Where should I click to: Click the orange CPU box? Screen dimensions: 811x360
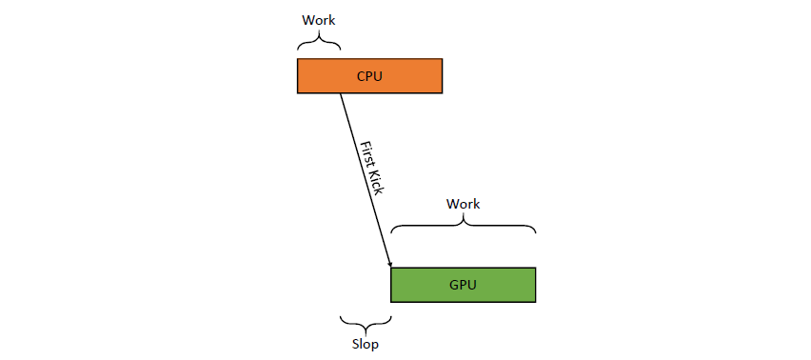tap(370, 76)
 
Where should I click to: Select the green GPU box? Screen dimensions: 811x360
tap(463, 285)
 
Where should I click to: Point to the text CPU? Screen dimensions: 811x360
tap(370, 76)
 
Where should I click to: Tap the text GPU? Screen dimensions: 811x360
tap(463, 285)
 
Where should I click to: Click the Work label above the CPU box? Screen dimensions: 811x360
tap(319, 21)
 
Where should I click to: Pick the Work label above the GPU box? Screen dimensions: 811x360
tap(464, 204)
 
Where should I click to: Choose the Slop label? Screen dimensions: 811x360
tap(366, 344)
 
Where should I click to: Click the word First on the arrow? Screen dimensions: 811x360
tap(366, 152)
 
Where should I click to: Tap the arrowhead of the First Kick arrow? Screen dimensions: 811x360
tap(389, 265)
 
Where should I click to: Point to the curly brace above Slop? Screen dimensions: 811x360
tap(366, 326)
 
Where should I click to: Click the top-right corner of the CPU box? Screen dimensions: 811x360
tap(443, 59)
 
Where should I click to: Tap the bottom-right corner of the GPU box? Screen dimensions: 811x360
tap(535, 302)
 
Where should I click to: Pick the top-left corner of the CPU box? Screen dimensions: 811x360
tap(297, 59)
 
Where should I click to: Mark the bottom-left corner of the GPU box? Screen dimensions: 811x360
tap(391, 302)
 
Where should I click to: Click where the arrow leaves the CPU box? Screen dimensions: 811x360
tap(340, 93)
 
